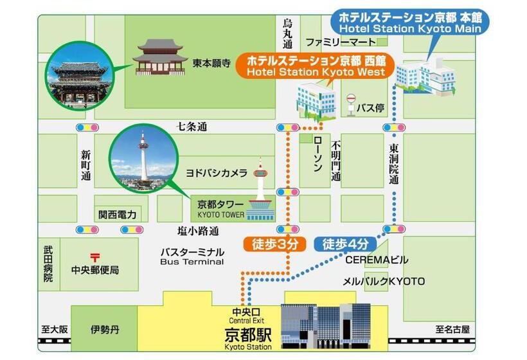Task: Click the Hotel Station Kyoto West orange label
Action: pos(314,66)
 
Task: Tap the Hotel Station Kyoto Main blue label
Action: pos(410,21)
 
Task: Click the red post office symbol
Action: pos(94,256)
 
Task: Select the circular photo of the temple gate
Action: pos(76,75)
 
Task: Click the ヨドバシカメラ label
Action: pos(216,173)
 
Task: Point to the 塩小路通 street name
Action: pos(198,230)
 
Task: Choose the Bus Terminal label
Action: pos(192,257)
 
